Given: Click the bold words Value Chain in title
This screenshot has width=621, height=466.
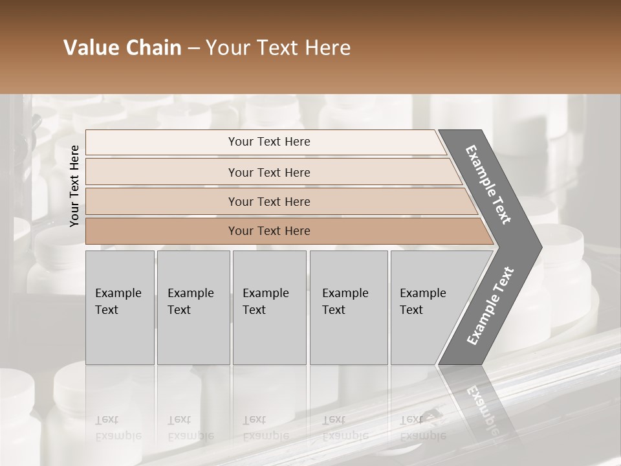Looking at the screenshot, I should point(122,48).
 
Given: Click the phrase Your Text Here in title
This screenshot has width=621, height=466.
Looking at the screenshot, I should point(278,48).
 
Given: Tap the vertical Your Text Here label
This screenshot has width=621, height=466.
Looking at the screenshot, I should point(74,186).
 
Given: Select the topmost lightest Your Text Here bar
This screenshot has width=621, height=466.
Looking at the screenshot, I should point(268,142).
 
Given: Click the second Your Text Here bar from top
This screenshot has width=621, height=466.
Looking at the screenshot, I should point(268,172).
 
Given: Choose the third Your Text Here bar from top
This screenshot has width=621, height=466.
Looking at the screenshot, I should point(268,201).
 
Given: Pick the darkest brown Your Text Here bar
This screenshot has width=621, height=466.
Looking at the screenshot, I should point(268,231).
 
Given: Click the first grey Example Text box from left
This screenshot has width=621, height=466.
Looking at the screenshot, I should point(120,307).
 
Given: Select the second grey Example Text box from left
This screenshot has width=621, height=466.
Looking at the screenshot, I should point(193,307).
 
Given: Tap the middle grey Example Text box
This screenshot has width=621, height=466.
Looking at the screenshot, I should point(269,307).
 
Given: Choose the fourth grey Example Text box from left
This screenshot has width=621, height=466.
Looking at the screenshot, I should point(348,307).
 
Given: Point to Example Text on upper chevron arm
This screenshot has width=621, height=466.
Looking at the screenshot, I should point(489,184).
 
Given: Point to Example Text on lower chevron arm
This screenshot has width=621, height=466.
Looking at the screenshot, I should point(490,306).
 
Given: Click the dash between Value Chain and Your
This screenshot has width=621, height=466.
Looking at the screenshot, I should point(193,49).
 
